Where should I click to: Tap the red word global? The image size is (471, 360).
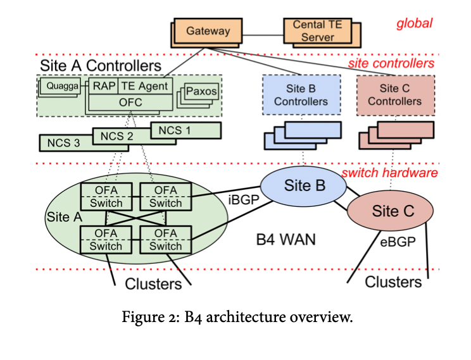tap(414, 24)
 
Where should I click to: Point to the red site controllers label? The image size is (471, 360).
tap(391, 63)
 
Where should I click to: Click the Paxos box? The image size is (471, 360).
tap(202, 91)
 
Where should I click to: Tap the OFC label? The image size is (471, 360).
tap(131, 101)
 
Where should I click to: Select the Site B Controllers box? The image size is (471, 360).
tap(301, 95)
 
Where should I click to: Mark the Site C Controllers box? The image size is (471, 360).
tap(395, 95)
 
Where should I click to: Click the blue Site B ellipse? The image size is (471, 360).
tap(305, 185)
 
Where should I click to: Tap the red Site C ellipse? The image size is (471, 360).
tap(389, 211)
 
